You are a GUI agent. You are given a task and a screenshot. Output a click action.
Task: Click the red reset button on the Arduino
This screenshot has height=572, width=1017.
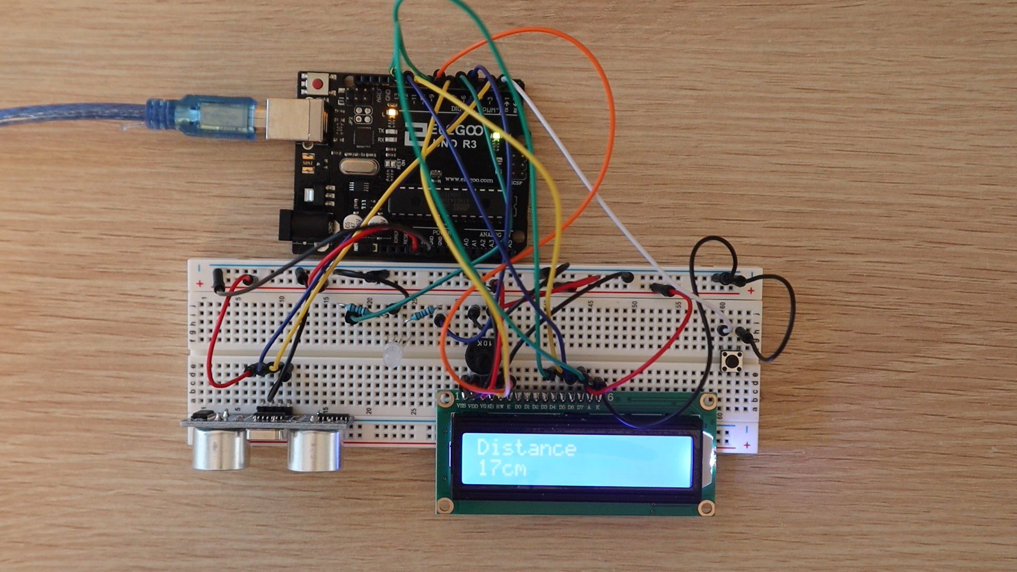(318, 84)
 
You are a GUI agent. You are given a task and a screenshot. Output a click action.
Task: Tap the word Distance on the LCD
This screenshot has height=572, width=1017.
(526, 448)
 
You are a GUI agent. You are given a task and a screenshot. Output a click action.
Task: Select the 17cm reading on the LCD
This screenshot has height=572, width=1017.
(501, 469)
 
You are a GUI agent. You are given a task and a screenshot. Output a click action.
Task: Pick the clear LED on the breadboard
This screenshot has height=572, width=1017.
(392, 353)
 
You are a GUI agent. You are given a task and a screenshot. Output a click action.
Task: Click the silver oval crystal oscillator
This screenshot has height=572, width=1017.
(359, 166)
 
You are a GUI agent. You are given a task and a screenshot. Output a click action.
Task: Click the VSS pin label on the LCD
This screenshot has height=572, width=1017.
(461, 407)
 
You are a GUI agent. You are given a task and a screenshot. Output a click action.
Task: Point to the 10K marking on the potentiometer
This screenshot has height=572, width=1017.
(485, 344)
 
